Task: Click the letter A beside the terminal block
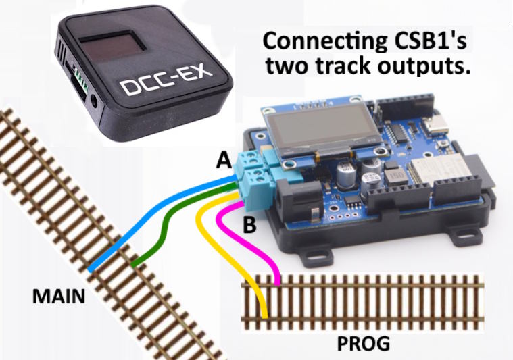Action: (x=223, y=161)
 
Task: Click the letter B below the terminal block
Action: (x=249, y=225)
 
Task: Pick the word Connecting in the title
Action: (x=318, y=41)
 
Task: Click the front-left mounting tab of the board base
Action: (x=312, y=256)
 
